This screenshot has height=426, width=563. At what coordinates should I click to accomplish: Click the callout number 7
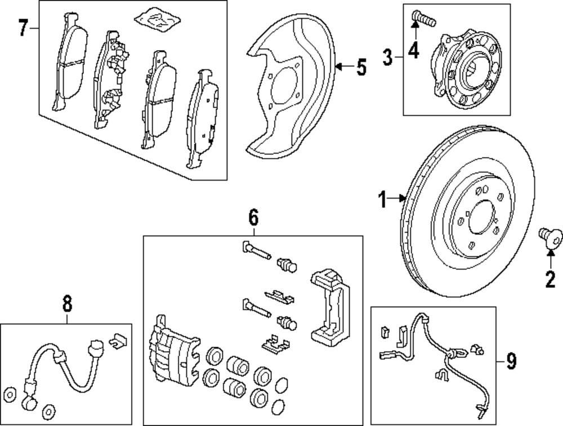coord(23,28)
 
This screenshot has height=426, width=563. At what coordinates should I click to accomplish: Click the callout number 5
coord(361,68)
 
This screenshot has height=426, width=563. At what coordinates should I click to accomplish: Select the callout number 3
coord(388,57)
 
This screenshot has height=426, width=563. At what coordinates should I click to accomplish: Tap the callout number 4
coord(414,51)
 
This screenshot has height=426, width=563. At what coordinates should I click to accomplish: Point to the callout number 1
coord(383,200)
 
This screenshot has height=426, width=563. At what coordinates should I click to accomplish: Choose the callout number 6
coord(253,216)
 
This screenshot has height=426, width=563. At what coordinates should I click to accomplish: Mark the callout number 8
coord(68,304)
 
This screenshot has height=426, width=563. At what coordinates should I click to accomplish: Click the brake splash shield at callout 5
coord(287,90)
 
